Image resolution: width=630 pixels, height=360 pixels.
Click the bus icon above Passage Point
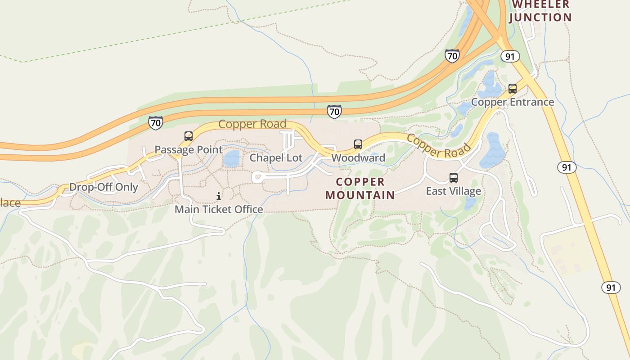[189, 136]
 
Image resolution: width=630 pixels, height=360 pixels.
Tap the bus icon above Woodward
[358, 144]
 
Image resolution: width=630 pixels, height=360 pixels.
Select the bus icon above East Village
[454, 178]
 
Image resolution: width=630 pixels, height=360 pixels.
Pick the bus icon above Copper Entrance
[513, 89]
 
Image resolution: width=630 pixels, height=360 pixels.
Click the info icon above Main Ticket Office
[219, 196]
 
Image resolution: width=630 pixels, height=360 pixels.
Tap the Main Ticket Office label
[219, 209]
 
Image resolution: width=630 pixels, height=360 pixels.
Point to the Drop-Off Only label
[103, 187]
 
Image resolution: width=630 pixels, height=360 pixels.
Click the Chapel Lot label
[276, 158]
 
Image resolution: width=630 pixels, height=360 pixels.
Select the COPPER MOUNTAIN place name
[360, 189]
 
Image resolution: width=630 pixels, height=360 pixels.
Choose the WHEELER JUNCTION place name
[541, 11]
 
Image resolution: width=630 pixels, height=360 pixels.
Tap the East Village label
[453, 191]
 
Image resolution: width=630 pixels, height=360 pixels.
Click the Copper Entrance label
[513, 102]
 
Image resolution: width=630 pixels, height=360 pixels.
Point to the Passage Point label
[189, 149]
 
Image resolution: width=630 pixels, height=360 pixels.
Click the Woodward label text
[358, 158]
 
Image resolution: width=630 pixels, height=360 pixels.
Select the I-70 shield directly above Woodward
[334, 112]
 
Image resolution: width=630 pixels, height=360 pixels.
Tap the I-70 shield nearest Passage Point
[155, 122]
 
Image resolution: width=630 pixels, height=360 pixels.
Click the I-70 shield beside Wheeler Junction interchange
[452, 56]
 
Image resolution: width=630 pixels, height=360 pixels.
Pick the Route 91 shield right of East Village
[567, 167]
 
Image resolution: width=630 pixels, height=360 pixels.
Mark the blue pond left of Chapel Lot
[232, 159]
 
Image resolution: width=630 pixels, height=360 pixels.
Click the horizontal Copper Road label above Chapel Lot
[252, 124]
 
